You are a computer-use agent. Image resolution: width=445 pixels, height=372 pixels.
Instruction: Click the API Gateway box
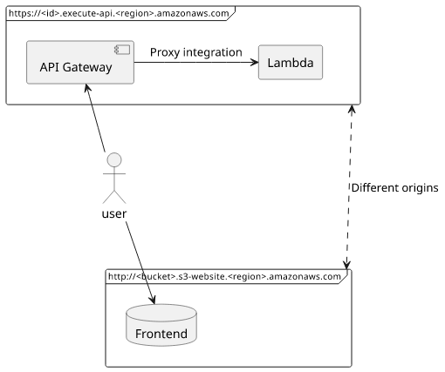click(x=80, y=63)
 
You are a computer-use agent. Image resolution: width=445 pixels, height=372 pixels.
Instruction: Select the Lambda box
click(x=291, y=62)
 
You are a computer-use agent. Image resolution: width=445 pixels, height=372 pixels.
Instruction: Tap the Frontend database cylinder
click(x=161, y=325)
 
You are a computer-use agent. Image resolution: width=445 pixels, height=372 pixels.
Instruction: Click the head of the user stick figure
click(x=114, y=160)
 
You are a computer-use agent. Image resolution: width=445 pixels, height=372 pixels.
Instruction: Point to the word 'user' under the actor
click(x=114, y=214)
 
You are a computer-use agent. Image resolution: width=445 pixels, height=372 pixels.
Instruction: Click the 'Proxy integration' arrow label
click(x=196, y=52)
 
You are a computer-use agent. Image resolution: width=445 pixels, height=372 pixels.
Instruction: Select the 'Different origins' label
click(x=394, y=188)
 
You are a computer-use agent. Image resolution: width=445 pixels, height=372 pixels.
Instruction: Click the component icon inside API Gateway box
click(x=122, y=50)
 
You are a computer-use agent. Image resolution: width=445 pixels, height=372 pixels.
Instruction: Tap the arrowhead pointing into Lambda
click(x=255, y=62)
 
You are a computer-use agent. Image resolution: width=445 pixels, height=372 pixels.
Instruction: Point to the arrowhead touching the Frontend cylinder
click(x=152, y=300)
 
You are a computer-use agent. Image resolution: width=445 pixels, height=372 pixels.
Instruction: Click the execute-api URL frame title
click(x=119, y=13)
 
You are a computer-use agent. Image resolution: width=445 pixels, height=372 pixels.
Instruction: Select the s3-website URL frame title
click(x=224, y=276)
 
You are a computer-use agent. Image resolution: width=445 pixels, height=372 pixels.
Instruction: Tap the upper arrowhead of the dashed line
click(x=352, y=109)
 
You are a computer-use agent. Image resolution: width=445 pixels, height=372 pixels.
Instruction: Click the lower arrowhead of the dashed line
click(x=346, y=265)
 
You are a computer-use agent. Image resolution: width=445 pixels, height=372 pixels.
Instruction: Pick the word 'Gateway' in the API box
click(x=87, y=67)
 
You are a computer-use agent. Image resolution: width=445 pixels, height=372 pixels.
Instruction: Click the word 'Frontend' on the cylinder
click(x=161, y=334)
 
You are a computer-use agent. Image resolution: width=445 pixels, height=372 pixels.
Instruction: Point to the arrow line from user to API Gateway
click(x=95, y=118)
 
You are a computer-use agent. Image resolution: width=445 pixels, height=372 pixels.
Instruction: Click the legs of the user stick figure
click(x=114, y=197)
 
